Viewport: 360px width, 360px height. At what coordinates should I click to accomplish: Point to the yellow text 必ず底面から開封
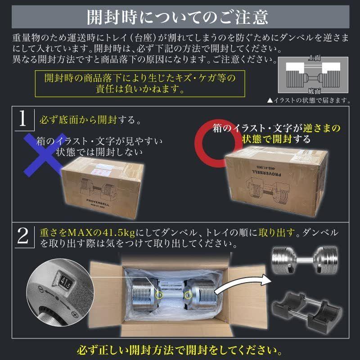81,121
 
